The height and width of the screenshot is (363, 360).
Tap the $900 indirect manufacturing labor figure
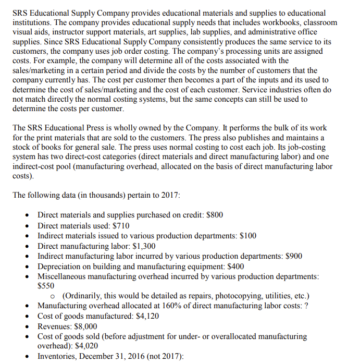(x=293, y=256)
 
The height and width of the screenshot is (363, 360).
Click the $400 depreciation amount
(x=234, y=266)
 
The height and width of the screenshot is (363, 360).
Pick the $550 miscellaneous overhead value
(x=46, y=285)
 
